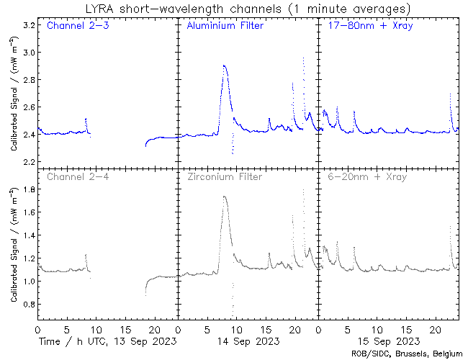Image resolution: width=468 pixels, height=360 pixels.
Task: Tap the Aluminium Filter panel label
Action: tap(225, 27)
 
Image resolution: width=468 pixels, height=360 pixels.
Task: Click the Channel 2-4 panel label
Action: tap(76, 176)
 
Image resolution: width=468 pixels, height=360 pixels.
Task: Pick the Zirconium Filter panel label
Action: tap(225, 176)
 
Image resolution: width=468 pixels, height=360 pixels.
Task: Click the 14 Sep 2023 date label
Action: tap(247, 341)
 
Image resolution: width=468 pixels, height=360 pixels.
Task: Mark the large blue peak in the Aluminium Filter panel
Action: tap(225, 66)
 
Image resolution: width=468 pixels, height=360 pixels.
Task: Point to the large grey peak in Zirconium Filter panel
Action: tap(225, 197)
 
